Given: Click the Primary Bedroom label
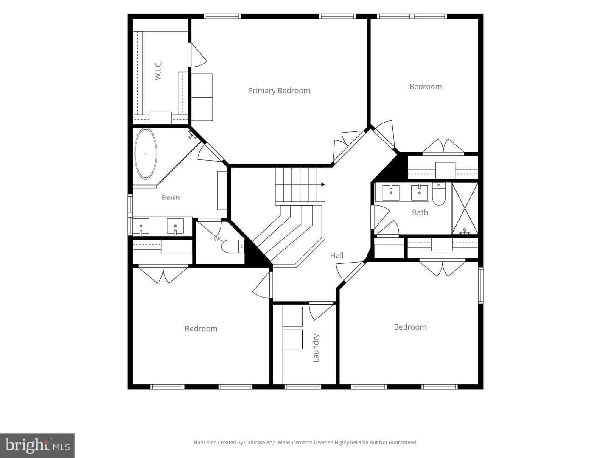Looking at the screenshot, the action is click(x=279, y=91).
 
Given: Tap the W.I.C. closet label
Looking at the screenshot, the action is click(x=158, y=71).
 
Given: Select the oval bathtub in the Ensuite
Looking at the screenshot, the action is click(x=146, y=153).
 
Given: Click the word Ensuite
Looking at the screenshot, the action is click(x=171, y=198).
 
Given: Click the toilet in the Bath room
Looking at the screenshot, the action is click(x=439, y=194).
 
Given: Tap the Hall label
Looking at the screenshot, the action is click(x=337, y=255).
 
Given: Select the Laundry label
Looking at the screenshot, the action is click(x=316, y=348).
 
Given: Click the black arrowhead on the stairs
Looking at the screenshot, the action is click(x=323, y=184).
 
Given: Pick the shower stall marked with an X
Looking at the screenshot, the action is click(x=465, y=208).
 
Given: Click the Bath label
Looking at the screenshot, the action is click(x=420, y=212).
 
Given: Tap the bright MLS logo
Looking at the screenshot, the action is click(x=37, y=445).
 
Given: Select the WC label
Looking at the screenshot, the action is click(x=218, y=239).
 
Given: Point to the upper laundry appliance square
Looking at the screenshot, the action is click(x=292, y=316).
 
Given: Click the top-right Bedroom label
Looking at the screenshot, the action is click(x=425, y=87).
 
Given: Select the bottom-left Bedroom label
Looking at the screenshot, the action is click(x=201, y=328).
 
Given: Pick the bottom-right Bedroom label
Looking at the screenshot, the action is click(x=410, y=327).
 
